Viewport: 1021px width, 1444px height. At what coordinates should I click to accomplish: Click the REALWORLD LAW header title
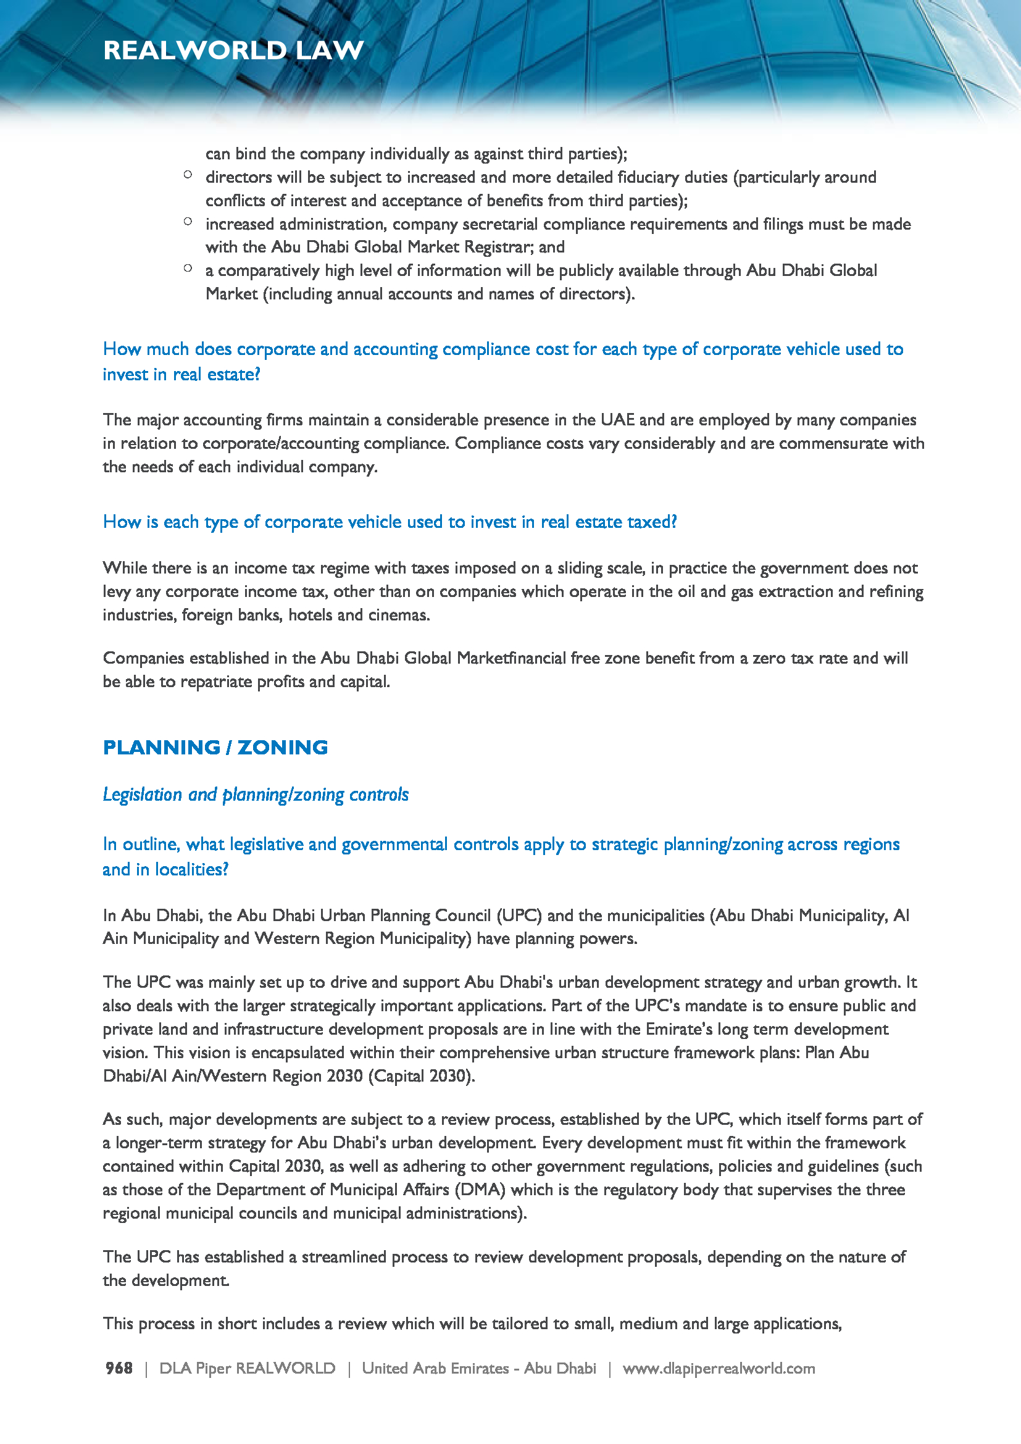click(x=233, y=50)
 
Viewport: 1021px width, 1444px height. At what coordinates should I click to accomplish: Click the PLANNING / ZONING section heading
click(x=215, y=747)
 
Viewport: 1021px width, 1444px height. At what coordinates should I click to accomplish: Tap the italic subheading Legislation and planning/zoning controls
click(x=256, y=795)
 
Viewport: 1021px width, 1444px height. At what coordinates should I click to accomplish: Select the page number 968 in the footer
click(x=119, y=1368)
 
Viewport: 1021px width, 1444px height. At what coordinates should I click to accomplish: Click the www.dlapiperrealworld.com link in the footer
click(x=719, y=1368)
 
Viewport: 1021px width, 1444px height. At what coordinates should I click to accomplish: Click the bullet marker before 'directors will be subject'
click(x=188, y=175)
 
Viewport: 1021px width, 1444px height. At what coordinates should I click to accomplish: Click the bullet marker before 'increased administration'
click(x=188, y=222)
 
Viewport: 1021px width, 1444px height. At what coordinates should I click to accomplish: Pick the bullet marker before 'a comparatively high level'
click(x=188, y=268)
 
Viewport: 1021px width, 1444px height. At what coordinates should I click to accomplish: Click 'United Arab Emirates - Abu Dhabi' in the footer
click(x=478, y=1368)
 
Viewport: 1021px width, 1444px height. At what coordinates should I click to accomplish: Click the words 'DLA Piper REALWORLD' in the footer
click(x=247, y=1368)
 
